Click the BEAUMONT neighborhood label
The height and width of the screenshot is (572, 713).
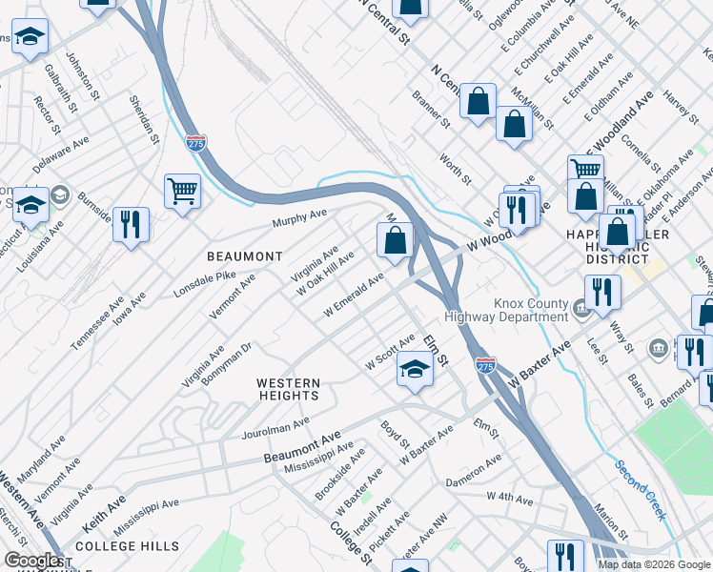click(245, 256)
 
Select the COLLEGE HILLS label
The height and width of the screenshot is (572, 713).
click(127, 546)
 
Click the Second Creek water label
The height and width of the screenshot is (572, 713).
click(640, 490)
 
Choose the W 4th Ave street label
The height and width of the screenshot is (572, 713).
click(509, 497)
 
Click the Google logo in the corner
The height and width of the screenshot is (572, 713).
click(31, 561)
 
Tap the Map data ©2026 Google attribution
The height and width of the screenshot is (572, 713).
click(654, 564)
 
